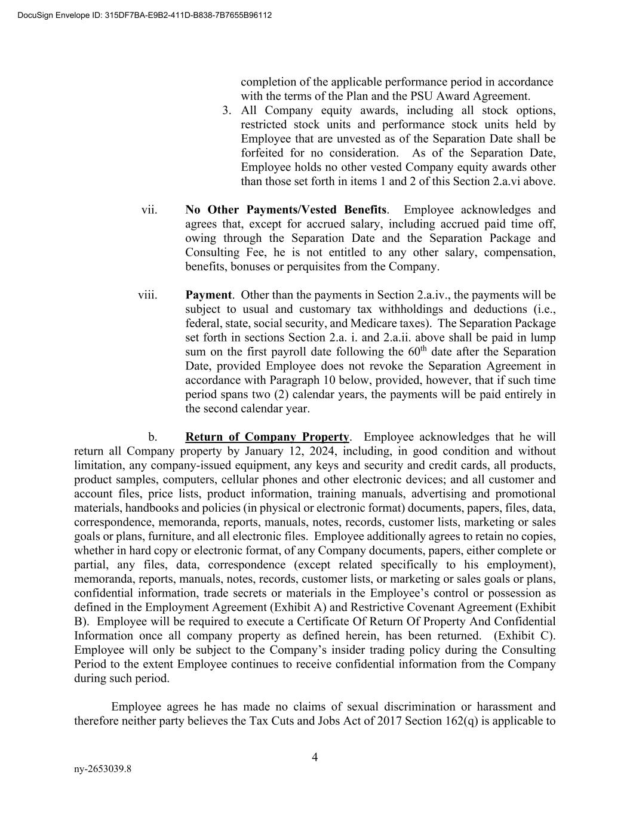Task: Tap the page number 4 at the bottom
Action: [x=315, y=758]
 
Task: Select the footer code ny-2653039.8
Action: [x=103, y=769]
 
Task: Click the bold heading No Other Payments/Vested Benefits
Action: [x=285, y=210]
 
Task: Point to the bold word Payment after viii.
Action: [x=208, y=295]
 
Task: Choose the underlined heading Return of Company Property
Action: [x=267, y=437]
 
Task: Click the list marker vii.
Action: [x=149, y=210]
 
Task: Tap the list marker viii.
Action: [x=147, y=295]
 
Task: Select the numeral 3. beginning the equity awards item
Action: [x=226, y=110]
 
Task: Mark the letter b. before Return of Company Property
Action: [x=153, y=437]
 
